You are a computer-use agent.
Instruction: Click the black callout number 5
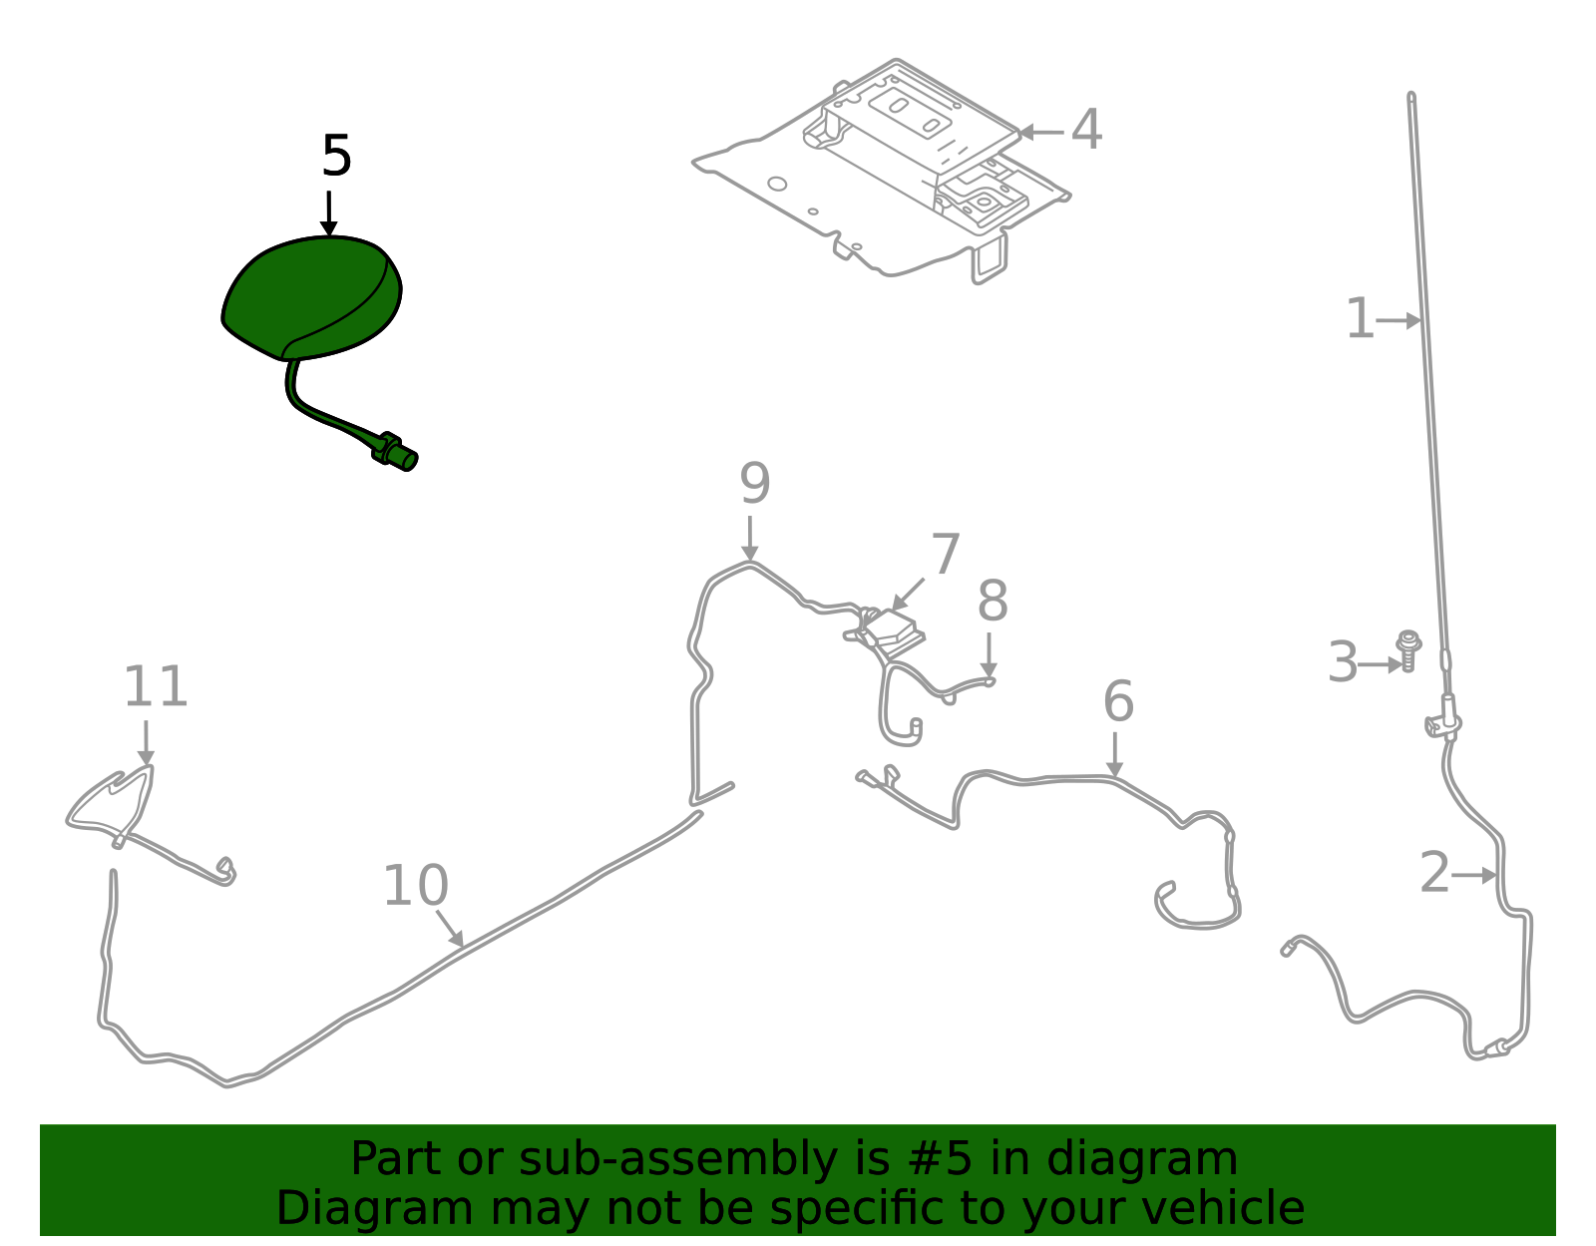[x=337, y=157]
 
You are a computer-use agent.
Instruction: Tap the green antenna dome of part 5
[x=309, y=294]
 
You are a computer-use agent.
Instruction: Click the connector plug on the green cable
[x=396, y=452]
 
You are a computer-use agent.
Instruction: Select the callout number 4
[x=1086, y=131]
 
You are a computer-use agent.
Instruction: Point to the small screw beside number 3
[x=1408, y=649]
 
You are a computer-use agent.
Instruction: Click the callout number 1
[x=1360, y=319]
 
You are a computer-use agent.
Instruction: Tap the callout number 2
[x=1434, y=874]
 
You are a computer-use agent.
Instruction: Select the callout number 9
[x=755, y=485]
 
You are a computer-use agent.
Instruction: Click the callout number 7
[x=945, y=555]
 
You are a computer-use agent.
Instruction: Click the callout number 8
[x=993, y=602]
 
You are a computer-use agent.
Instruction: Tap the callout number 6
[x=1118, y=702]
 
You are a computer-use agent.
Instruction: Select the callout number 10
[x=416, y=886]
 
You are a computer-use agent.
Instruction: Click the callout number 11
[x=156, y=687]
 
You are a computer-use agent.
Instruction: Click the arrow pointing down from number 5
[x=329, y=213]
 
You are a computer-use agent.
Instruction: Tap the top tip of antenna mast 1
[x=1411, y=98]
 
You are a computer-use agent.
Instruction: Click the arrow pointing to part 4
[x=1038, y=132]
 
